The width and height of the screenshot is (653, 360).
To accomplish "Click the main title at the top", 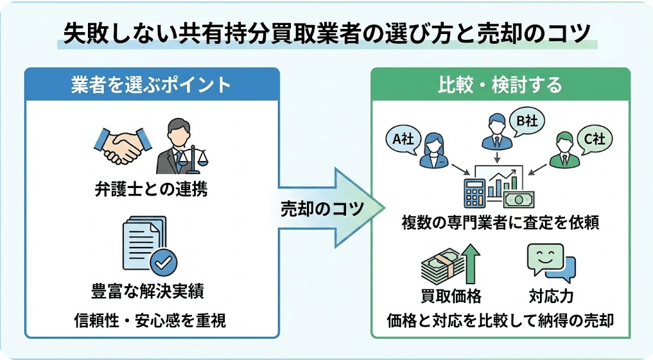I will point(326,33).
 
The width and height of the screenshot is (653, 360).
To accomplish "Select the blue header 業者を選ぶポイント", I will point(152,85).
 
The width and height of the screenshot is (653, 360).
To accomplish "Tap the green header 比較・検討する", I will point(500,85).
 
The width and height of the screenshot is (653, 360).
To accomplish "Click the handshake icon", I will point(122,146).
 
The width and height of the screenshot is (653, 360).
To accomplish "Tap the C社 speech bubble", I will point(595,138).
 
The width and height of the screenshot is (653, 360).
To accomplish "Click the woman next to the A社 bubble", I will point(433,151).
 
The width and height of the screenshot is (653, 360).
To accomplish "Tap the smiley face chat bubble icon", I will point(549,262).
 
